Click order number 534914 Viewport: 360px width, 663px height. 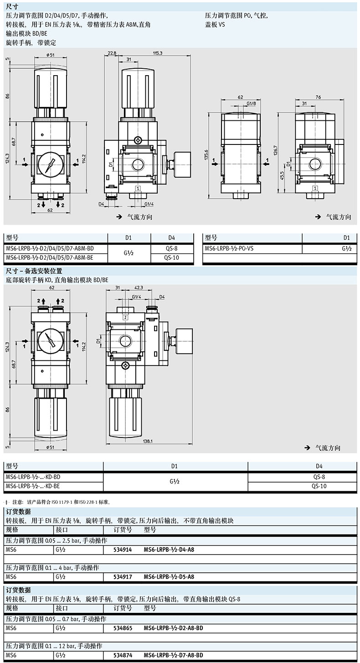coord(123,550)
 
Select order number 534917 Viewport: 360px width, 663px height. coord(123,577)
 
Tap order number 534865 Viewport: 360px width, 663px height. coord(123,628)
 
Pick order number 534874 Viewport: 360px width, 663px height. coord(123,655)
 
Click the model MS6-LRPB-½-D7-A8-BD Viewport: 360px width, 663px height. coord(174,655)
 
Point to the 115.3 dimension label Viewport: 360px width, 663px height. coord(158,53)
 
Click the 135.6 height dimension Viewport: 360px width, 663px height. coord(206,154)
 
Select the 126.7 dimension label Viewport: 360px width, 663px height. coord(276,150)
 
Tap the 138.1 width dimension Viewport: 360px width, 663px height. coord(148,441)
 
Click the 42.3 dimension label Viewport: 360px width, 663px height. coord(139,288)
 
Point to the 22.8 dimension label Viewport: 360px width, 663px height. coord(112,53)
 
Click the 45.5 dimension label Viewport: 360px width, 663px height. coord(282,176)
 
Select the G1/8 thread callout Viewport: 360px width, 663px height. coord(251,103)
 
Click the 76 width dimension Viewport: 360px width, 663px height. coord(318,97)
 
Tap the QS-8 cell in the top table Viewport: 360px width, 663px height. coord(171,249)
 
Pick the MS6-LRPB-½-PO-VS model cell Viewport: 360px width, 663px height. coord(229,249)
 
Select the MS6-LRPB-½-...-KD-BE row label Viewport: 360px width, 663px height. coord(33,486)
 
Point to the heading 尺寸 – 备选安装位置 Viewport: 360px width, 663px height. coord(34,271)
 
